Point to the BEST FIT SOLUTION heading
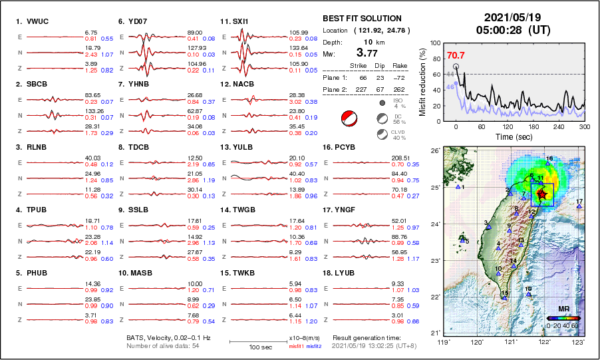click(362, 19)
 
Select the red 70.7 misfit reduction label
click(456, 55)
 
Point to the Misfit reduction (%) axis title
click(422, 81)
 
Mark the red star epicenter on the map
click(542, 194)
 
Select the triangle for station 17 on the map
click(579, 207)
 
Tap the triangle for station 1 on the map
click(458, 187)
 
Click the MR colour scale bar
click(562, 318)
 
